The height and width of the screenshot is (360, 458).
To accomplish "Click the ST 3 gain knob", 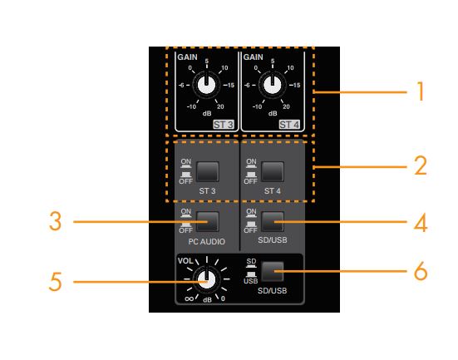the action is coord(206,85).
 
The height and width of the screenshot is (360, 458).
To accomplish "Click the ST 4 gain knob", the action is coord(273,85).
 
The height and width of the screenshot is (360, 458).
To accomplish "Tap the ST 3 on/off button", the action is coord(208,172).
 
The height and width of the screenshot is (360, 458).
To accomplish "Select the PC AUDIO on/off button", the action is coord(208,222).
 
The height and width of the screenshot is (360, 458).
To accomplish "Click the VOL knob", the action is coord(206,279).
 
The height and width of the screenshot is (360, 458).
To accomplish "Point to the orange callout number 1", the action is coord(421,91).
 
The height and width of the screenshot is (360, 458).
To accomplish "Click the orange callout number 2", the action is coord(421,165).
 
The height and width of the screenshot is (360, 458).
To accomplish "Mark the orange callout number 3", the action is coord(55,221).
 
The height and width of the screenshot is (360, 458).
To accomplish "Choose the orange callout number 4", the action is coord(421,223).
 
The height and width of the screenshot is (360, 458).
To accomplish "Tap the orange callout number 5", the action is coord(55,282).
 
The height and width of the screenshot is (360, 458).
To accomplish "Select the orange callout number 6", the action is coord(421,271).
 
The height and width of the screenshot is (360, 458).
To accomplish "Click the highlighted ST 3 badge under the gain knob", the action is coord(224,125).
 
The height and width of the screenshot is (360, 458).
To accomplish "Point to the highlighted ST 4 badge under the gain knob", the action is coord(289,125).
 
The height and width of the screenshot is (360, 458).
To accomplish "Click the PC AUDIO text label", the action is coord(207,242).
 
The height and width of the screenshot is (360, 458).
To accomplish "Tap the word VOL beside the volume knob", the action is coord(185,261).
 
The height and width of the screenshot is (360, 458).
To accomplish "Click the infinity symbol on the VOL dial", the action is coord(190,298).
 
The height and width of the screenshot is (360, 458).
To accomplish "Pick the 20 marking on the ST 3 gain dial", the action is coord(220,106).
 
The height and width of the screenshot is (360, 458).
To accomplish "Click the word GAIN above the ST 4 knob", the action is coord(254,57).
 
